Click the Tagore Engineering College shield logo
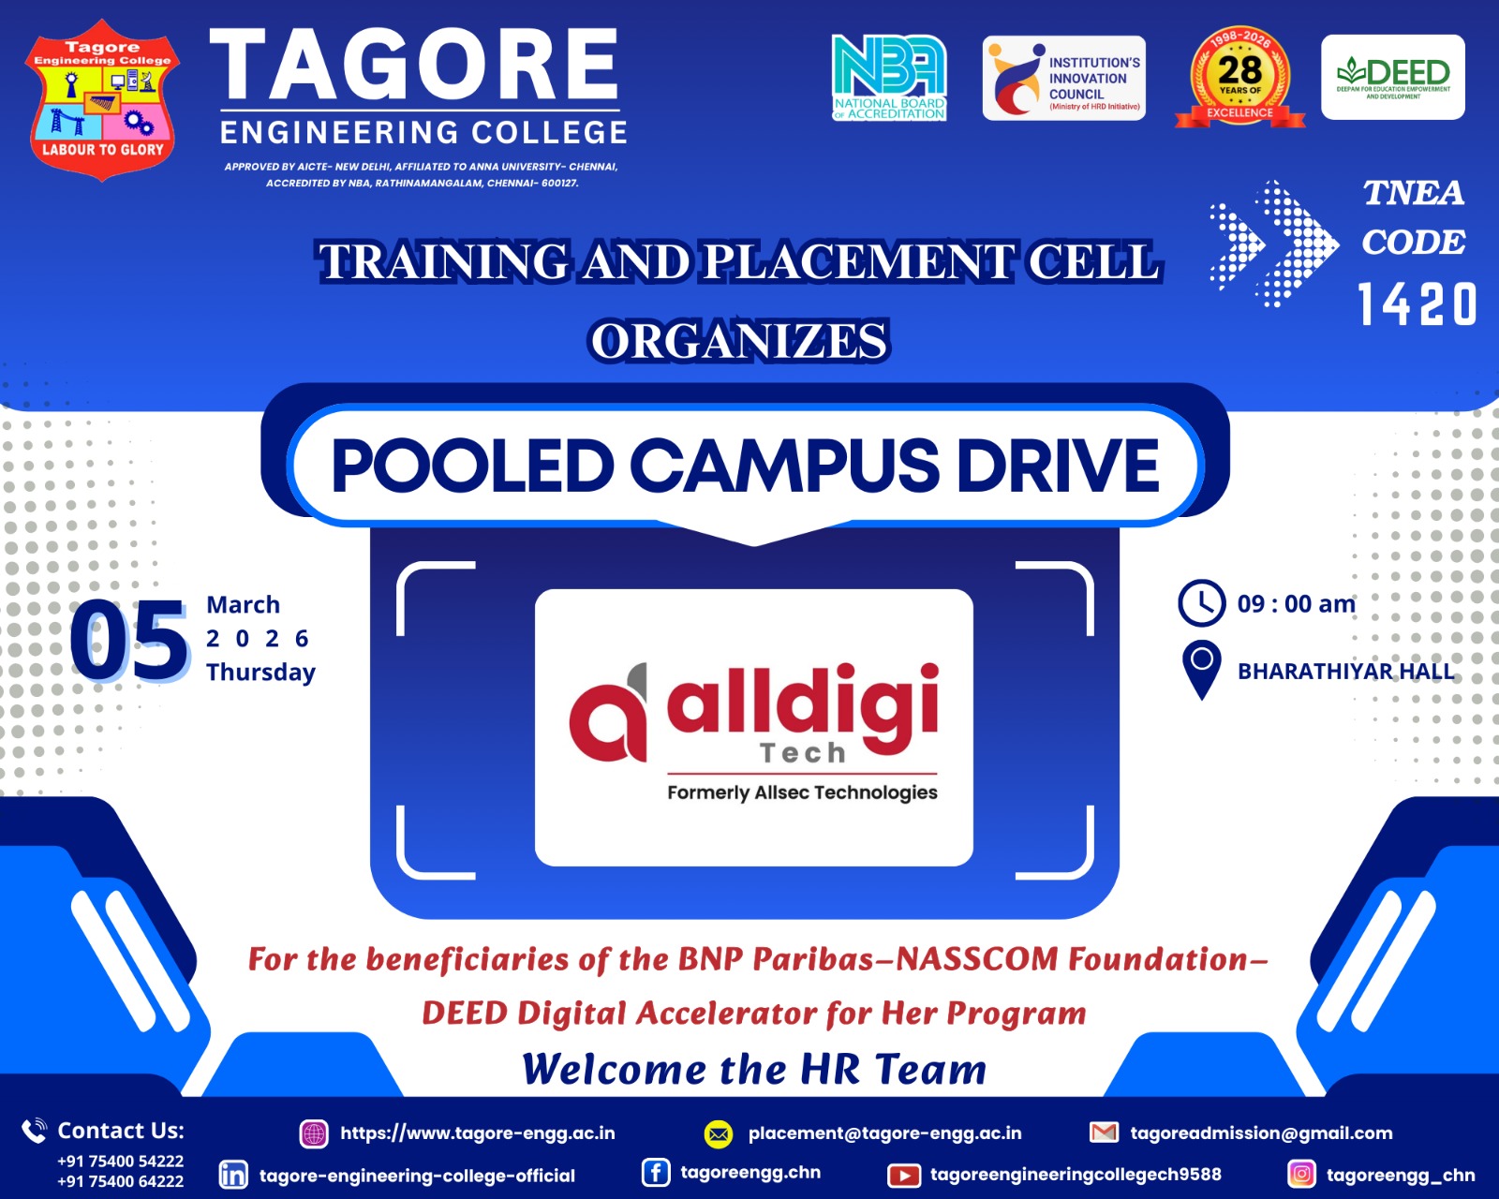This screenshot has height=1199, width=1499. coord(102,99)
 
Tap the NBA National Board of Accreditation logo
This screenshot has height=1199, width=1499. coord(889,78)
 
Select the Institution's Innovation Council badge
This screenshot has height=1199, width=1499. coord(1063,78)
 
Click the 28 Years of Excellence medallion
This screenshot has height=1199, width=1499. coord(1239,78)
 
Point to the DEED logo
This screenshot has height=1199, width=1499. coord(1393,78)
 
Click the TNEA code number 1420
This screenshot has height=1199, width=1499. coord(1417,303)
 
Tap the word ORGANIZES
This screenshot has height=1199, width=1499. coord(739,341)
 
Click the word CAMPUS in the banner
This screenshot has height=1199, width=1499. coord(784,466)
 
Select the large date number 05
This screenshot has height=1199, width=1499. coord(129,641)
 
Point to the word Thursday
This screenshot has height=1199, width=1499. coord(260,673)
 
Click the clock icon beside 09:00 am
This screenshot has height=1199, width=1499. coord(1202,602)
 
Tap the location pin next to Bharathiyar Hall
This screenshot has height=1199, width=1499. coord(1202,670)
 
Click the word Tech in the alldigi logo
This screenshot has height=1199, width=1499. coord(803,752)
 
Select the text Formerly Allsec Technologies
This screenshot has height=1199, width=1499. coord(803,792)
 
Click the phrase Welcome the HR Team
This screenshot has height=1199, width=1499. coord(754,1069)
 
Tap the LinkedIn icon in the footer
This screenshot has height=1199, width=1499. coord(232,1175)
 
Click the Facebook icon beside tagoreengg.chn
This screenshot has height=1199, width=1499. coord(656,1173)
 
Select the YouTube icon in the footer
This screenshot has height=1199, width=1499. coord(903,1176)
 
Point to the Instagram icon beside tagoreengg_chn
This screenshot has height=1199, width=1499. coord(1301,1174)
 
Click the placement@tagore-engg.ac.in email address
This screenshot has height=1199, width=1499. coord(884,1133)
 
